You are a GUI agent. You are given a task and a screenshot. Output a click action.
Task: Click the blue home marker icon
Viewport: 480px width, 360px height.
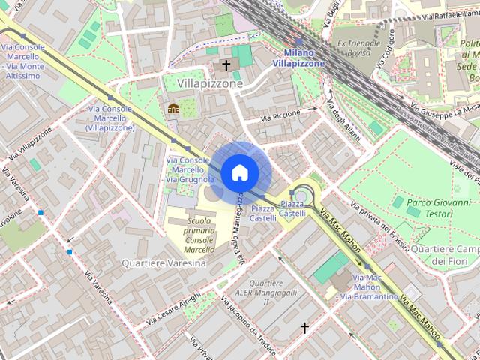coord(239,172)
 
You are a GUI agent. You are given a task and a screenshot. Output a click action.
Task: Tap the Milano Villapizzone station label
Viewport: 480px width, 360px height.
coord(298,58)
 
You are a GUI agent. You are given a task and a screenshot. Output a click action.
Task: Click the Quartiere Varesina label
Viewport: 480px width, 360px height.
coord(163,263)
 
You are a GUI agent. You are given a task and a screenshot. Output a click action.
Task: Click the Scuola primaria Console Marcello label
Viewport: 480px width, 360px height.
coord(199,235)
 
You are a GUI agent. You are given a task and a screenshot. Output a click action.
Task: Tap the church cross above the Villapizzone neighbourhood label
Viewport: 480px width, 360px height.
coord(225,66)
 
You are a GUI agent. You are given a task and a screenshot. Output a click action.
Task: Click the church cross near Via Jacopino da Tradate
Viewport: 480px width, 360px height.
coord(304,328)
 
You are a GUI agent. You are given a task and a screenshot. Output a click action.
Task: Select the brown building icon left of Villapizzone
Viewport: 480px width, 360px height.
coord(173,107)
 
